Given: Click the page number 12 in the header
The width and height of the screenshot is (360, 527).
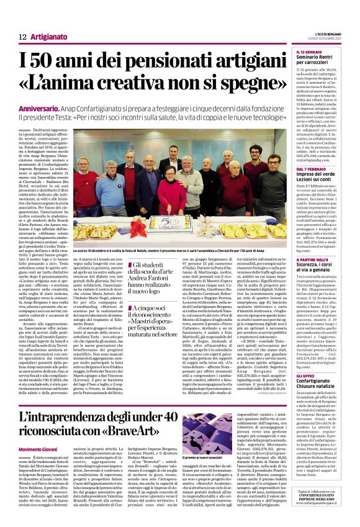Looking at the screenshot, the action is (22, 38).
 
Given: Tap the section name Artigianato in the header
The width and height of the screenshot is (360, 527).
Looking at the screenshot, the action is (49, 38).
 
